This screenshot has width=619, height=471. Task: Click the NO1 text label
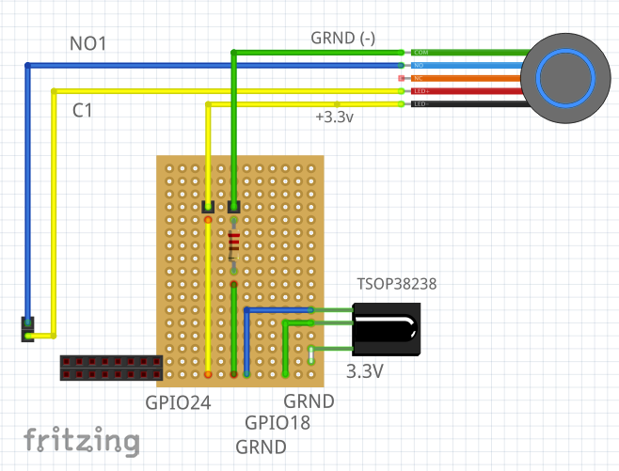[x=88, y=44]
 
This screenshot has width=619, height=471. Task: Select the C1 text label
[x=83, y=111]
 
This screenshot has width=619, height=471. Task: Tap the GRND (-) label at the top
[x=342, y=38]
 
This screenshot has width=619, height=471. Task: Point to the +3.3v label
[x=334, y=118]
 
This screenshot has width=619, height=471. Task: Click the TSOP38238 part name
[x=396, y=283]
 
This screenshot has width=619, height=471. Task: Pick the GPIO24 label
[x=178, y=403]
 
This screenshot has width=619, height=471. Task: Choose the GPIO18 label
[x=278, y=423]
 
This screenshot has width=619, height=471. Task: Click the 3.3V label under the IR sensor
[x=365, y=371]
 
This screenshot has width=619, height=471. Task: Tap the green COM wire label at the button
[x=420, y=52]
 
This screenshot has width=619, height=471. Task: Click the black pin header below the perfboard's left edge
[x=110, y=368]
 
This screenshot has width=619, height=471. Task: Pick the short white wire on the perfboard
[x=311, y=354]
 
